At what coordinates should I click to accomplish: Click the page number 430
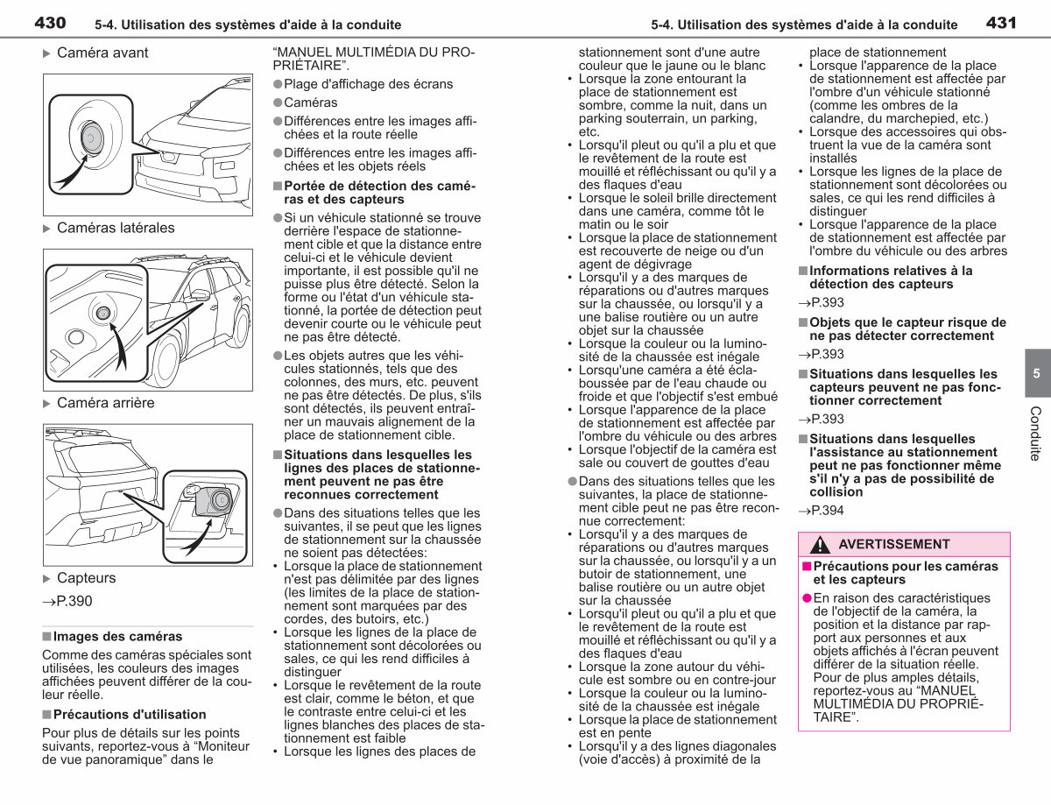pyautogui.click(x=50, y=23)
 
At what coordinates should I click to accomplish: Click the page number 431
pyautogui.click(x=1001, y=23)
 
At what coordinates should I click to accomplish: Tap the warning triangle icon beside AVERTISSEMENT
pyautogui.click(x=820, y=545)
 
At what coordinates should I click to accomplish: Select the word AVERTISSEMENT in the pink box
pyautogui.click(x=894, y=544)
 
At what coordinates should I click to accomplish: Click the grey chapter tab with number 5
pyautogui.click(x=1037, y=373)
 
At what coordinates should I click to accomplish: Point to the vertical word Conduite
pyautogui.click(x=1035, y=434)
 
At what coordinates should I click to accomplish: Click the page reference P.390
pyautogui.click(x=67, y=601)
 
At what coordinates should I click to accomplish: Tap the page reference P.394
pyautogui.click(x=821, y=511)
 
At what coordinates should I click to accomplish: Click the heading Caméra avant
pyautogui.click(x=102, y=53)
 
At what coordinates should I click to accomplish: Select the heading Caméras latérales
pyautogui.click(x=116, y=228)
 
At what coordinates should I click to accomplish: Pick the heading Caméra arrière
pyautogui.click(x=105, y=403)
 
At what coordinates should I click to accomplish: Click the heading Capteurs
pyautogui.click(x=86, y=578)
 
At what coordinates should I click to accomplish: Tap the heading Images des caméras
pyautogui.click(x=117, y=636)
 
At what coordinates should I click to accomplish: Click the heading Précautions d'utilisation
pyautogui.click(x=130, y=715)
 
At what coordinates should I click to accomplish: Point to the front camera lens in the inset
pyautogui.click(x=91, y=138)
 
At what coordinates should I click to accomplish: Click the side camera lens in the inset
pyautogui.click(x=103, y=313)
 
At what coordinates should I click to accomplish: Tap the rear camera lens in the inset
pyautogui.click(x=222, y=499)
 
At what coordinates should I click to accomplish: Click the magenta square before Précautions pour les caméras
pyautogui.click(x=807, y=566)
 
